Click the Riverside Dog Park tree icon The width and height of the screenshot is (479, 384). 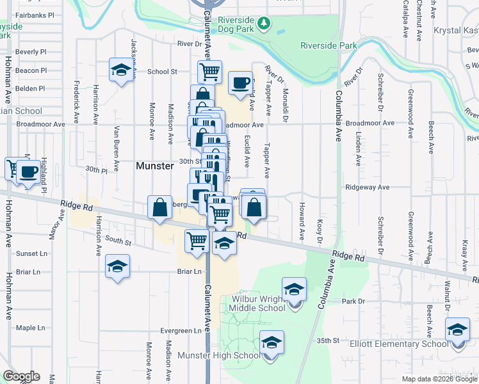(263, 24)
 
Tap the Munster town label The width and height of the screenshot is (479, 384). (155, 166)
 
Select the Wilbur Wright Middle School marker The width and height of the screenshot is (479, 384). (294, 289)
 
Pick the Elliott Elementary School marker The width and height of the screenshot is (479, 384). (457, 330)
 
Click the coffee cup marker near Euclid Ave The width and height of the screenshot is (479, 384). (241, 83)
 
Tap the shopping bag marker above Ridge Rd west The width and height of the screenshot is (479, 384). (159, 207)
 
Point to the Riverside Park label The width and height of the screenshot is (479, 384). (329, 45)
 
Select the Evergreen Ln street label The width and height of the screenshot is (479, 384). (181, 331)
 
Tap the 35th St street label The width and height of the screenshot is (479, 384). (327, 341)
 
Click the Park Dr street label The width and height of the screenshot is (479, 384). (353, 301)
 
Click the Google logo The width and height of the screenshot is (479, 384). (22, 376)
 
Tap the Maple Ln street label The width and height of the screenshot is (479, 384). (31, 328)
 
